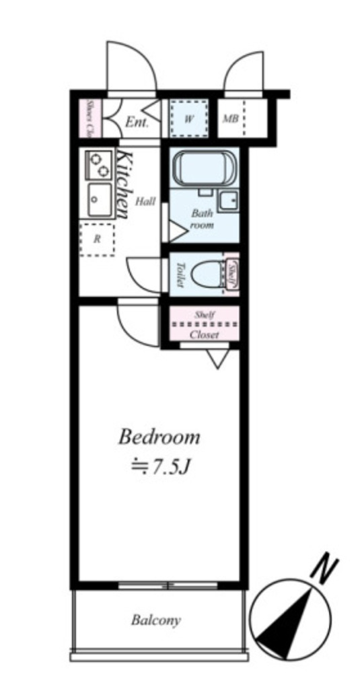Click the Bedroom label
tap(159, 437)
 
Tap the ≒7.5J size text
tap(159, 468)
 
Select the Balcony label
tap(156, 620)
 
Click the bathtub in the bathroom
tap(205, 169)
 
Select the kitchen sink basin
tap(100, 199)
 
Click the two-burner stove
tap(99, 165)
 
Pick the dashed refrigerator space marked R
tap(97, 240)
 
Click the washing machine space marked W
tap(189, 118)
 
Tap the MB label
tap(231, 119)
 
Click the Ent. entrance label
tap(137, 122)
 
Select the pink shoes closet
tap(90, 118)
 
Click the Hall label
tap(145, 202)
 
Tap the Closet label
tap(205, 335)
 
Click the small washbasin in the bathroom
tap(229, 201)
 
